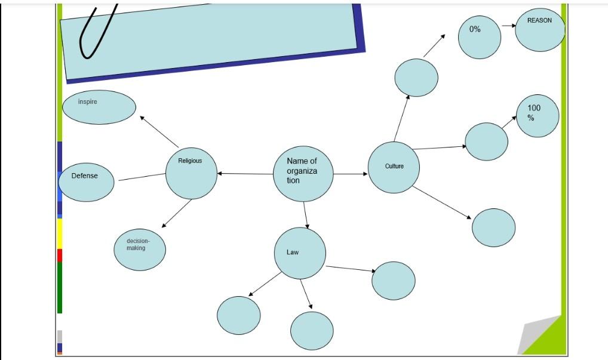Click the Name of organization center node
point(303,174)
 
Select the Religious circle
point(191,174)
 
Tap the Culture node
point(394,167)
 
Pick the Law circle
point(300,253)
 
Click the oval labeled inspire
point(99,107)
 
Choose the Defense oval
point(86,182)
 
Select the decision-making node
point(140,250)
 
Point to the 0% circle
point(479,37)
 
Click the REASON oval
point(539,29)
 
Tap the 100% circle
point(538,116)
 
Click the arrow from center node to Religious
point(245,174)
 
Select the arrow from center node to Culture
point(351,174)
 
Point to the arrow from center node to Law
point(305,216)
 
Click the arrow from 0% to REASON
point(508,26)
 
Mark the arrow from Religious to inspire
point(159,132)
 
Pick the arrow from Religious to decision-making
point(177,213)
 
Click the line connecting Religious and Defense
point(142,177)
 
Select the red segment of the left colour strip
point(59,256)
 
